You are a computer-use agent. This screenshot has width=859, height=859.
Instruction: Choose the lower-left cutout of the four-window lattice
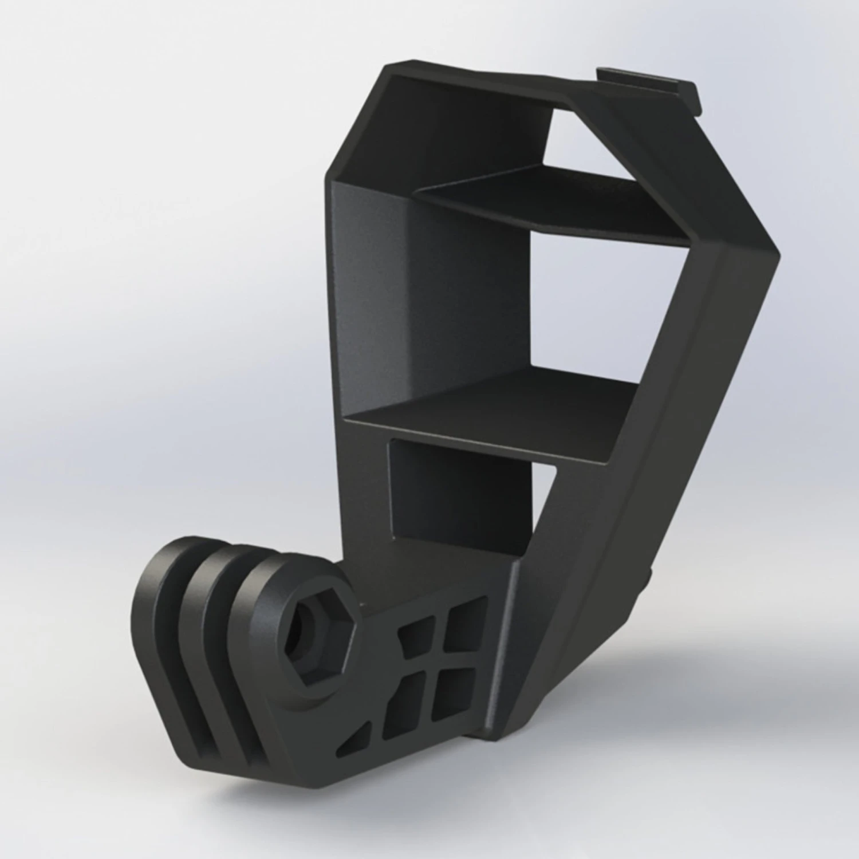pyautogui.click(x=404, y=693)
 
